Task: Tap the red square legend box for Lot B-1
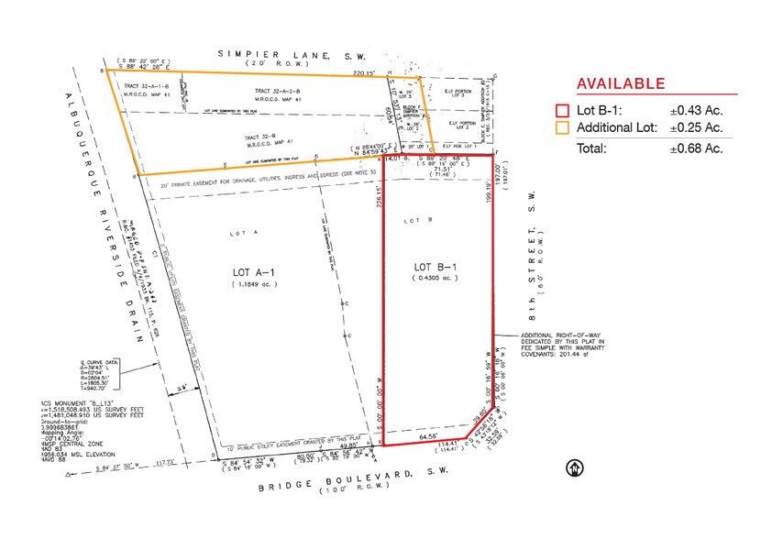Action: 562,111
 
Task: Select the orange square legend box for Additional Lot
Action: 562,128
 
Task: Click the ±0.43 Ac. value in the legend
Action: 696,111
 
